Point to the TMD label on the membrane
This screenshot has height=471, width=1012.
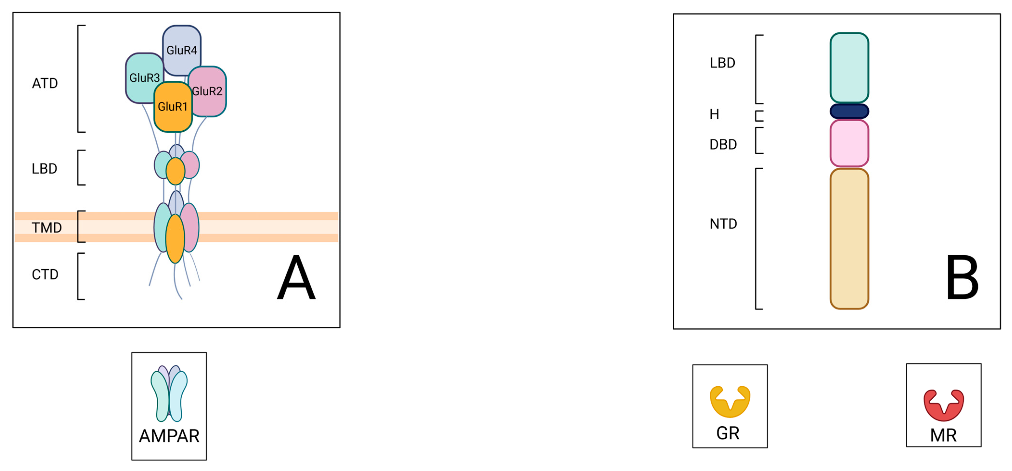click(47, 228)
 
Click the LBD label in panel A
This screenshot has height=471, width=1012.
click(45, 169)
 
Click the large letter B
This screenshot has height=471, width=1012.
click(962, 277)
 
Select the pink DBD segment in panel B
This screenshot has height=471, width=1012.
click(849, 143)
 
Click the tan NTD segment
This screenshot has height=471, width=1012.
click(849, 239)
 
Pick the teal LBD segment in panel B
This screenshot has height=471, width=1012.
click(849, 68)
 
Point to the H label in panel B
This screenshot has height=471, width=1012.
click(714, 114)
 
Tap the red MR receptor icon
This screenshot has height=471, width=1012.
click(943, 405)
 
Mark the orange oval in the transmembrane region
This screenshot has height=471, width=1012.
click(175, 239)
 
